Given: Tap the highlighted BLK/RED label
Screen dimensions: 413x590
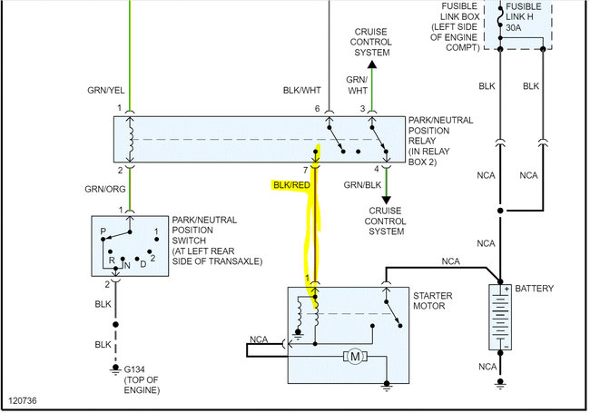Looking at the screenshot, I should pos(290,185).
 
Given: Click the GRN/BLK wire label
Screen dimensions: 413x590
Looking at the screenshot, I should pos(364,185).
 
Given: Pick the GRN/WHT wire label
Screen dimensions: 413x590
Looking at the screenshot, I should pos(357,85).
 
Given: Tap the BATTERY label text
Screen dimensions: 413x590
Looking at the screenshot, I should pos(535,289).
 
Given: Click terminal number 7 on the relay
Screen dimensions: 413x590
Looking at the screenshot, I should pos(306,170).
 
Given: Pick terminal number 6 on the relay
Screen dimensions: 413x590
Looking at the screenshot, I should pos(319,109).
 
